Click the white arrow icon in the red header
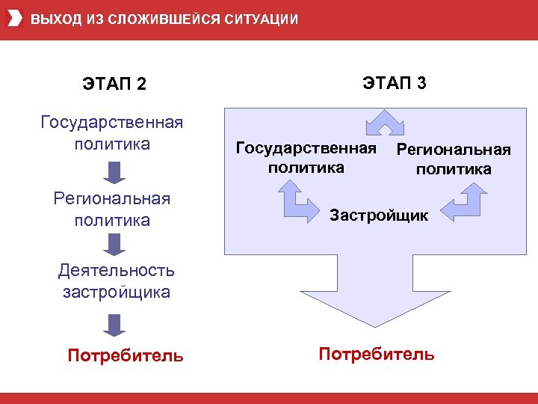tap(14, 19)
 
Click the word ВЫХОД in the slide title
tap(52, 19)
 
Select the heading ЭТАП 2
tap(114, 84)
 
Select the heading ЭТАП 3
tap(395, 82)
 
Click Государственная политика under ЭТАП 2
tap(112, 132)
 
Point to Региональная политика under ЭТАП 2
tap(112, 209)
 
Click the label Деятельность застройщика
tap(117, 281)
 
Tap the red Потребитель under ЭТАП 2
tap(125, 355)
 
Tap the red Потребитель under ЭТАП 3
tap(376, 354)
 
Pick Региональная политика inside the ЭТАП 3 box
tap(454, 159)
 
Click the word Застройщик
tap(379, 215)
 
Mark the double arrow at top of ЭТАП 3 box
tap(384, 123)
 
